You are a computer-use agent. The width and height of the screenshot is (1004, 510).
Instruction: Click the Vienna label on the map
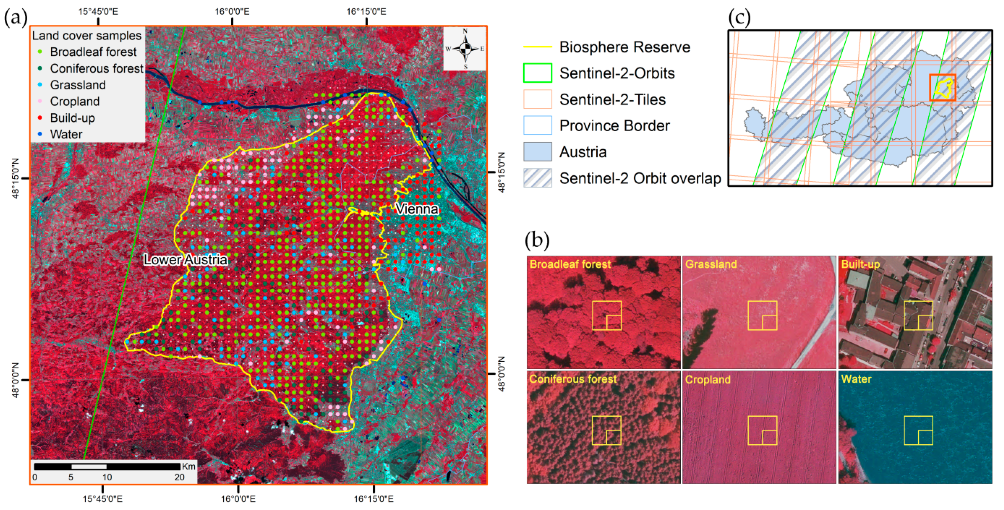[x=417, y=209]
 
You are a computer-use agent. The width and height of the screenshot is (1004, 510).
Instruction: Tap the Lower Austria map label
[x=185, y=260]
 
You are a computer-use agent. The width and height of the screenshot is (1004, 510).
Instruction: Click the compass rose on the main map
[x=465, y=49]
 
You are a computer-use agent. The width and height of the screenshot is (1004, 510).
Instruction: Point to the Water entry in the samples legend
[x=66, y=135]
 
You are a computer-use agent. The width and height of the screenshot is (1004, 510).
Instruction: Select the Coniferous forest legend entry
[x=96, y=69]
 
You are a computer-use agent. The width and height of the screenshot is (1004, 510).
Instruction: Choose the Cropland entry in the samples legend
[x=74, y=101]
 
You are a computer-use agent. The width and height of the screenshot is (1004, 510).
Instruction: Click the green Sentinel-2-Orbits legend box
[x=537, y=73]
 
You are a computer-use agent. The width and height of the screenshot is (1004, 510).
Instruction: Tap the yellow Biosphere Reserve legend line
[x=537, y=47]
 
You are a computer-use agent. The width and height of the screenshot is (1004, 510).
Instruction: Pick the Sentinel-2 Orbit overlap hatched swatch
[x=537, y=178]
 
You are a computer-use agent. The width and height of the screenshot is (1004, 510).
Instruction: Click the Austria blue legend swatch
[x=537, y=152]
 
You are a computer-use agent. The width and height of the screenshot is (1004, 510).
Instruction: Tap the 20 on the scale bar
[x=179, y=477]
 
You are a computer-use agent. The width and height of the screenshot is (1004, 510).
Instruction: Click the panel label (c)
[x=739, y=18]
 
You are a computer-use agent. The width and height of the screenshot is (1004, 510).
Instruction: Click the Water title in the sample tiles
[x=856, y=379]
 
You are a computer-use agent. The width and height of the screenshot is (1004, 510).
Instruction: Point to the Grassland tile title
[x=711, y=264]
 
